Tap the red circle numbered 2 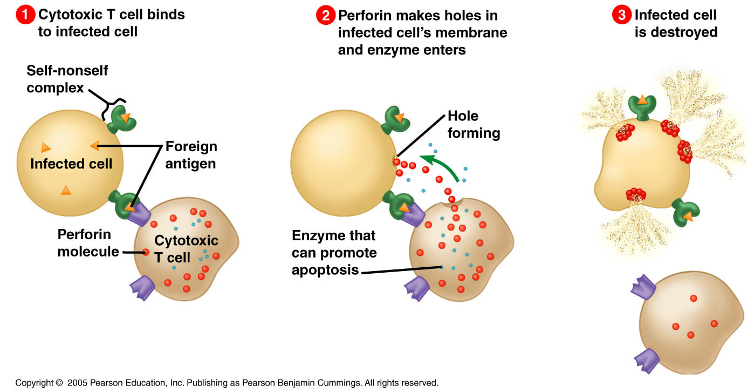tap(326, 16)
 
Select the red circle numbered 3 tap(622, 16)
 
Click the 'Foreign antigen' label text tap(191, 154)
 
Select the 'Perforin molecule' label tap(88, 242)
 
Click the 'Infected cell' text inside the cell tap(71, 164)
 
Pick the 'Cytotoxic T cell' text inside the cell tap(186, 249)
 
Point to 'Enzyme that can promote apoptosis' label tap(334, 252)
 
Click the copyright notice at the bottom tap(227, 383)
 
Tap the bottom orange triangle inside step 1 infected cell tap(65, 190)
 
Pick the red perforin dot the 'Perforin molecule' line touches tap(145, 252)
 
